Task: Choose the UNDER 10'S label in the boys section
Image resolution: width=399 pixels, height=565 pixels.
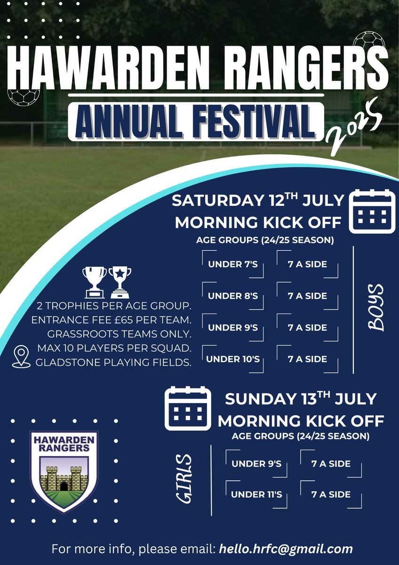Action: [x=233, y=359]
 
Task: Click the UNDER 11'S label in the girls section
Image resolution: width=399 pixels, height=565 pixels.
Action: [x=256, y=494]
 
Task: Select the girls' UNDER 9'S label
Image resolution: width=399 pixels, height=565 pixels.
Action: [x=256, y=464]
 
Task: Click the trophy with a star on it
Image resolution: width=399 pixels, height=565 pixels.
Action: [x=120, y=282]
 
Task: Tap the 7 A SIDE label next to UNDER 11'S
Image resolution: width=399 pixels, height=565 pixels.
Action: [x=331, y=494]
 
